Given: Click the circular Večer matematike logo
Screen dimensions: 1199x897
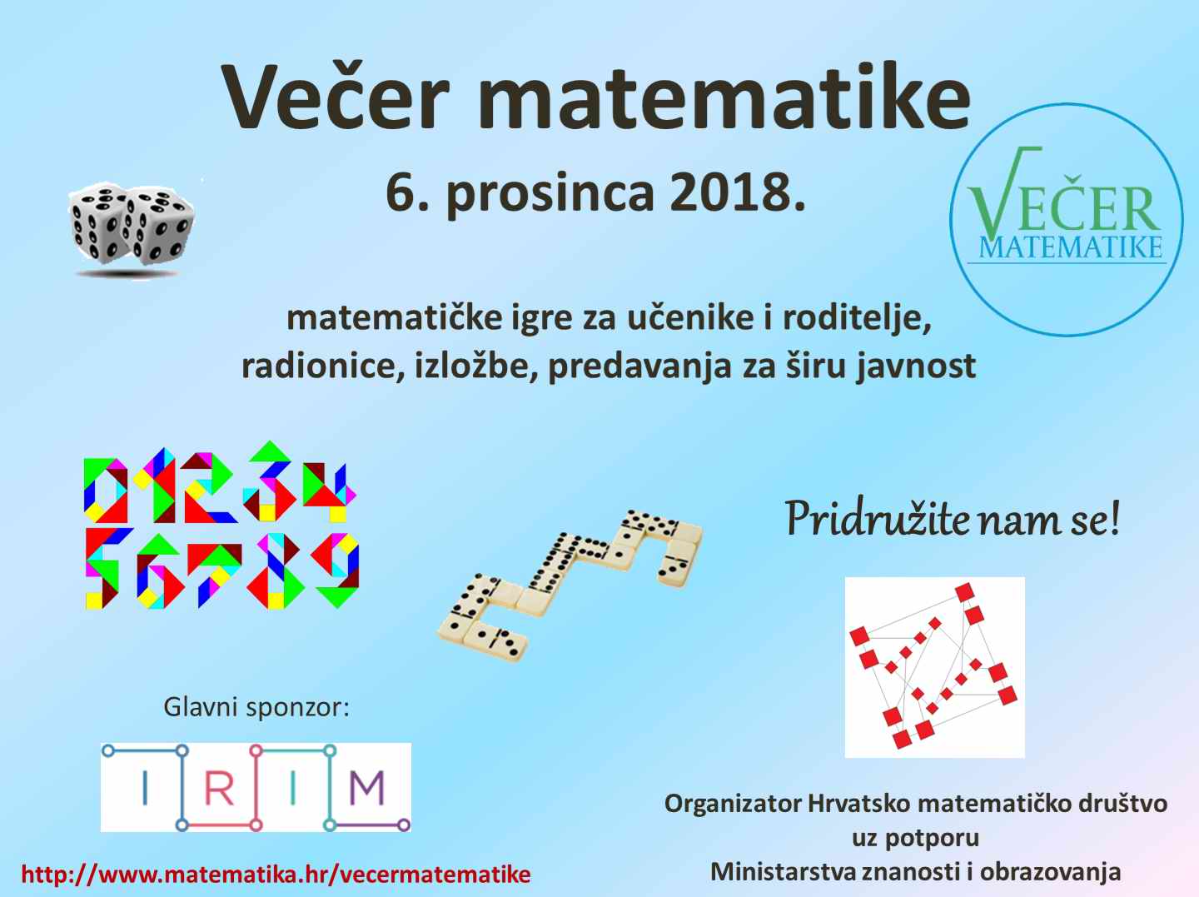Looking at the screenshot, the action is [1067, 220].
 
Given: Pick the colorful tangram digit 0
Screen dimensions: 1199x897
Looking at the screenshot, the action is [106, 490].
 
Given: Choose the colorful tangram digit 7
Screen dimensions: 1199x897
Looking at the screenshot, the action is [214, 573].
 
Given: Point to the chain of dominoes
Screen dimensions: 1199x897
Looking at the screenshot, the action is [570, 585].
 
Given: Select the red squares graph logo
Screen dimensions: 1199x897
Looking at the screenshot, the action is [934, 667].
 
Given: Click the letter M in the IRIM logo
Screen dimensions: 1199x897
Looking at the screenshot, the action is [367, 788].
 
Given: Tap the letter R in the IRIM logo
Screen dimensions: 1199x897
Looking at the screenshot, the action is [218, 788].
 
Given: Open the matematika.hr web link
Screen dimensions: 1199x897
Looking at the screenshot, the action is [276, 874].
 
